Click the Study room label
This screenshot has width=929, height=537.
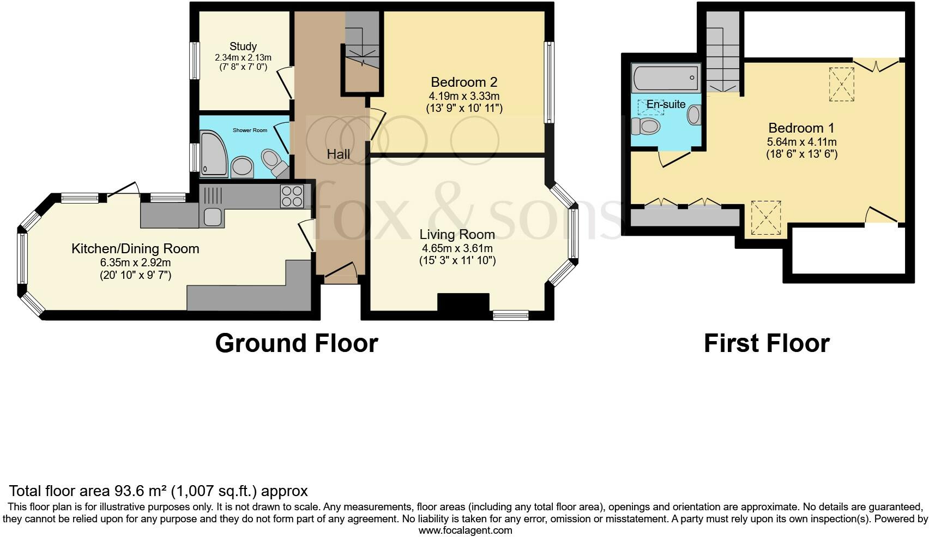pos(243,46)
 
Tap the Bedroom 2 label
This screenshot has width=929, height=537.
pos(464,82)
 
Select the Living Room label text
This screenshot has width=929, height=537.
pos(457,235)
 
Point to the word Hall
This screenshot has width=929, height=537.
pos(338,154)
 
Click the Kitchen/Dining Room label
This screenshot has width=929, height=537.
pos(135,248)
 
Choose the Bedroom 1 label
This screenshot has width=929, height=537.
pos(801,128)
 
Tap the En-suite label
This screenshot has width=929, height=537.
pos(666,104)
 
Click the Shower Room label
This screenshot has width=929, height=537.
pos(250,130)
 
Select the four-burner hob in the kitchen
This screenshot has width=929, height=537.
pos(292,196)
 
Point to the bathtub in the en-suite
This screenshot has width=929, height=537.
pos(666,77)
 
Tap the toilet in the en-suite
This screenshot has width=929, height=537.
pos(646,126)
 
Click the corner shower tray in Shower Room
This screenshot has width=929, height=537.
pos(214,154)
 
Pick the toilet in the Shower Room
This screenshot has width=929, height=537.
pos(274,163)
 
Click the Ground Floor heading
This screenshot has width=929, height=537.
pos(297,344)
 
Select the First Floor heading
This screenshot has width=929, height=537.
pos(767,344)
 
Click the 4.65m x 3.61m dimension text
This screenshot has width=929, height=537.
pos(457,248)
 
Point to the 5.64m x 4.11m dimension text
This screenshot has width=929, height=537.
pos(801,142)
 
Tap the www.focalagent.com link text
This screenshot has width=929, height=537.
pos(465,530)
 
